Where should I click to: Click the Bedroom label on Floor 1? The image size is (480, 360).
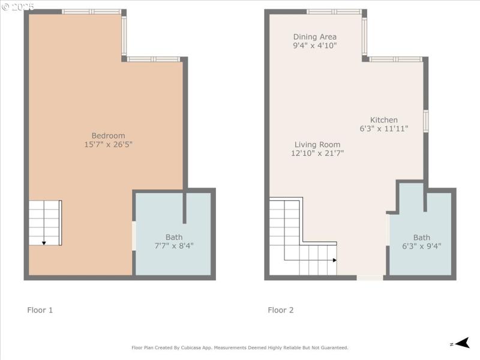[x=108, y=136]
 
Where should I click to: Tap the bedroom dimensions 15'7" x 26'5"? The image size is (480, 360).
[x=108, y=145]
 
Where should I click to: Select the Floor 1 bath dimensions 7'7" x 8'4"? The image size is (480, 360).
[x=174, y=246]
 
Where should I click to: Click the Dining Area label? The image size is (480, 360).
[x=315, y=37]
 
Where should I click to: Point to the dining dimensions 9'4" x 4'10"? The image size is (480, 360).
[x=315, y=46]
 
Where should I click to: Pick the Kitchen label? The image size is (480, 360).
[x=383, y=120]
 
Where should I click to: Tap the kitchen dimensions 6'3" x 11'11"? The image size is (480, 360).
[x=383, y=129]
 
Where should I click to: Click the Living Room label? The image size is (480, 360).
[x=317, y=145]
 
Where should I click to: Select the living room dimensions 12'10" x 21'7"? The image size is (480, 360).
[x=317, y=154]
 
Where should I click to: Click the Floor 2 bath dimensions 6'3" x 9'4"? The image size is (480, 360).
[x=421, y=246]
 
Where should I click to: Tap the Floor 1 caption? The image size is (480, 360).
[x=40, y=310]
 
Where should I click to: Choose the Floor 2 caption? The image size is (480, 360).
[x=281, y=310]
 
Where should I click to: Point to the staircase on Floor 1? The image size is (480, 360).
[x=45, y=223]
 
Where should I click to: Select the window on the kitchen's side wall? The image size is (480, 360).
[x=425, y=121]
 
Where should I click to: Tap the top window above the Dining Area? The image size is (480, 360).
[x=334, y=11]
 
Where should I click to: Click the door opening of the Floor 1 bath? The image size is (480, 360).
[x=134, y=236]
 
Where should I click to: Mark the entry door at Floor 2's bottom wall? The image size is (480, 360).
[x=370, y=277]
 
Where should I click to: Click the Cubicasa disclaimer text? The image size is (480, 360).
[x=240, y=347]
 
